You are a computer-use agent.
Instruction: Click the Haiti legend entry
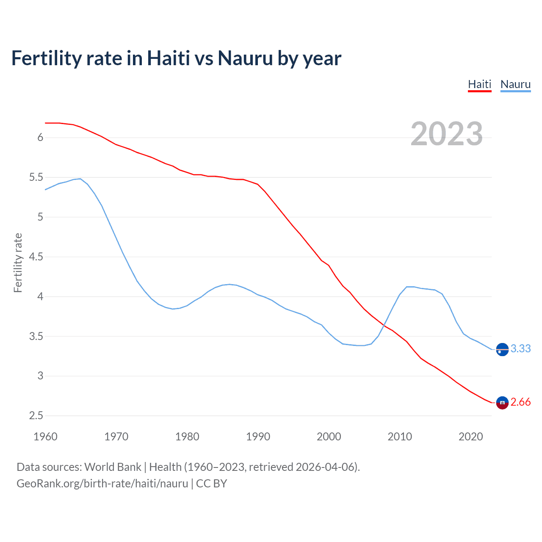click(x=479, y=84)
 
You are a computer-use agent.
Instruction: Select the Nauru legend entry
click(x=515, y=84)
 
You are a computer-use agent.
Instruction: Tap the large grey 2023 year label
click(x=446, y=134)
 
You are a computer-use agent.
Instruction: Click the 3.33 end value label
click(x=520, y=348)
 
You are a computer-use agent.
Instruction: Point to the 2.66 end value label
click(x=520, y=402)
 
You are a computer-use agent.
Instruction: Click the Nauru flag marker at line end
click(x=502, y=349)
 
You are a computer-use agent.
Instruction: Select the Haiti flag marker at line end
click(x=502, y=403)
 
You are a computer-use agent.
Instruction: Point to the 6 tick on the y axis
click(x=40, y=138)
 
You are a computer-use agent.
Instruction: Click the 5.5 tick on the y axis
click(x=36, y=177)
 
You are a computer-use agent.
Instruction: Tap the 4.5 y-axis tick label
click(x=36, y=257)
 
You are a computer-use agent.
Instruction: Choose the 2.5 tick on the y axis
click(x=36, y=416)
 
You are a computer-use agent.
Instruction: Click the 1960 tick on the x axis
click(x=45, y=437)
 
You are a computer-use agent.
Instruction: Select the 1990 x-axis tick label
click(x=258, y=437)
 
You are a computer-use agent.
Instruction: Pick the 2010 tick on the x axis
click(x=400, y=437)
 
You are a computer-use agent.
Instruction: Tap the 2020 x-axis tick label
click(x=470, y=437)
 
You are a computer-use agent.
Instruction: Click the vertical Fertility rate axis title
click(x=18, y=263)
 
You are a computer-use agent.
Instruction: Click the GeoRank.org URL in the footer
click(x=102, y=484)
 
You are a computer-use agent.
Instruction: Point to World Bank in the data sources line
click(x=113, y=467)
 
